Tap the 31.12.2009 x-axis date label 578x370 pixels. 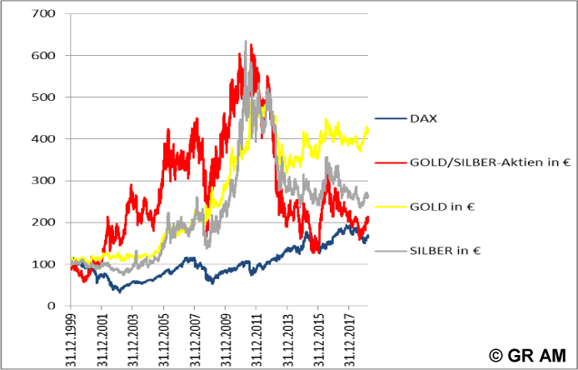(226, 337)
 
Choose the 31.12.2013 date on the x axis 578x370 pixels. (287, 337)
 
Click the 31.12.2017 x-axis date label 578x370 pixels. (348, 337)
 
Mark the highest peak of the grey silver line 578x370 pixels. (245, 41)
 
